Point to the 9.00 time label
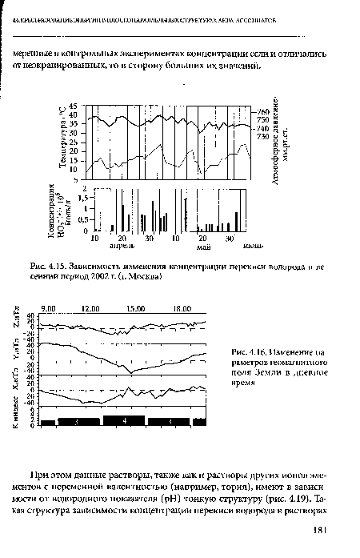pos(47,307)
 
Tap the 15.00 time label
pos(135,307)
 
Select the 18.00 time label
pos(181,307)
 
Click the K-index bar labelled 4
pos(126,420)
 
